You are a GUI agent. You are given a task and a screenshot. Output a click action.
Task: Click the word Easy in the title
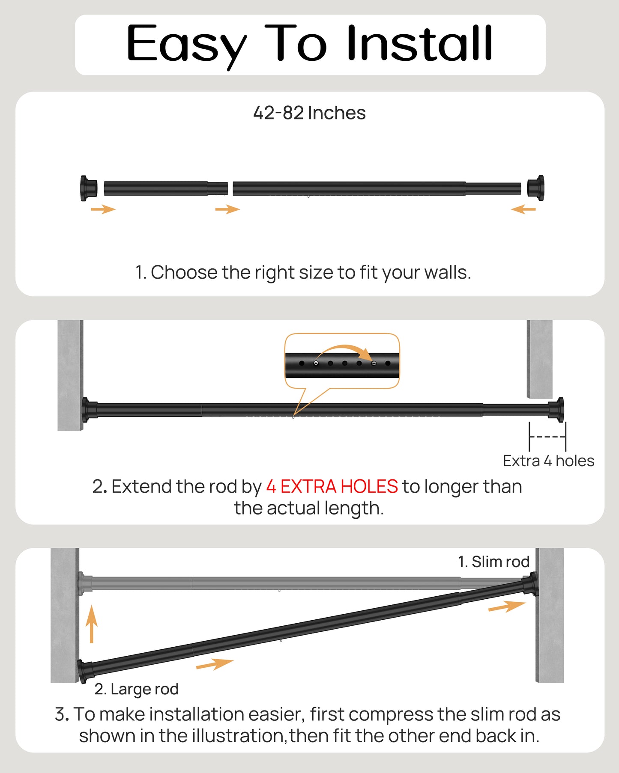coord(186,44)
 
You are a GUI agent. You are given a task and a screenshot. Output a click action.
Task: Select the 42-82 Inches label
coord(309,113)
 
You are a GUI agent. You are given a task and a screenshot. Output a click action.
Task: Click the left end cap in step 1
coord(88,188)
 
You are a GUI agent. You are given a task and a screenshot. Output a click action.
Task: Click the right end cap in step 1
coord(536,187)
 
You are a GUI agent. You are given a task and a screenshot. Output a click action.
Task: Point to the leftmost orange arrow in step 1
coord(103,209)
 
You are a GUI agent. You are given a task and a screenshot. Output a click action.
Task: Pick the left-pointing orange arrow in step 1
coord(523,209)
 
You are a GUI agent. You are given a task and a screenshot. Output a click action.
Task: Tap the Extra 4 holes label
coord(548,461)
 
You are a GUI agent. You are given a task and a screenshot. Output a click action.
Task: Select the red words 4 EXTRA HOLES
coord(332,487)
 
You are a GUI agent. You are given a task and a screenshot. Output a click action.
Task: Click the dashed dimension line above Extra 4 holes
coord(547,437)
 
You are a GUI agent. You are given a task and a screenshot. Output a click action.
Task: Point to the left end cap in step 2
coord(89,410)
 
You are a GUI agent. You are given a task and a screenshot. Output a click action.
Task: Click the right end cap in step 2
coord(556,410)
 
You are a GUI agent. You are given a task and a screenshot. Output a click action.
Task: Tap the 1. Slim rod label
coord(493,562)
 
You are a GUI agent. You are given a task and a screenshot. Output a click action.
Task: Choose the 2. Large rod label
coord(136,689)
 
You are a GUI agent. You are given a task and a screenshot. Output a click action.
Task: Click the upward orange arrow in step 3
coord(91,624)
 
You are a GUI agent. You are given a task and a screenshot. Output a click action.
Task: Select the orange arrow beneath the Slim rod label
coord(507,607)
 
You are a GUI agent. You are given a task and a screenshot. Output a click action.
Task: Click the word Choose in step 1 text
coord(184,273)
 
